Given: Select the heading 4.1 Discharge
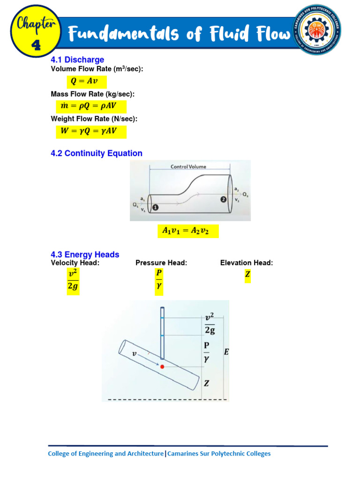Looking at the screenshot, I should pyautogui.click(x=77, y=60).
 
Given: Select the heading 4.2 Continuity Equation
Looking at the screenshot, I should pyautogui.click(x=97, y=153).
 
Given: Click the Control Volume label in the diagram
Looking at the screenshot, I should pyautogui.click(x=188, y=166).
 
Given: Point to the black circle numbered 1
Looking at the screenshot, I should pyautogui.click(x=155, y=207).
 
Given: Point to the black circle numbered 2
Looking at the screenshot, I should pyautogui.click(x=224, y=200).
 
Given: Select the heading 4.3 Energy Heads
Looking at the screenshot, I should pyautogui.click(x=85, y=255).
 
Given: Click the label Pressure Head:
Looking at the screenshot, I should pyautogui.click(x=161, y=263).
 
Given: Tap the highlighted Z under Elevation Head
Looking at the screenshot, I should pyautogui.click(x=247, y=276).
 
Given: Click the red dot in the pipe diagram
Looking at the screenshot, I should pyautogui.click(x=162, y=366).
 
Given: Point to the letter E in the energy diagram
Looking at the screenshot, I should pyautogui.click(x=226, y=352).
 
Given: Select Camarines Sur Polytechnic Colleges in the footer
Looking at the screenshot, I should pyautogui.click(x=219, y=454).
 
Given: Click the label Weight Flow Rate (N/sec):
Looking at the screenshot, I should pyautogui.click(x=94, y=119).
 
